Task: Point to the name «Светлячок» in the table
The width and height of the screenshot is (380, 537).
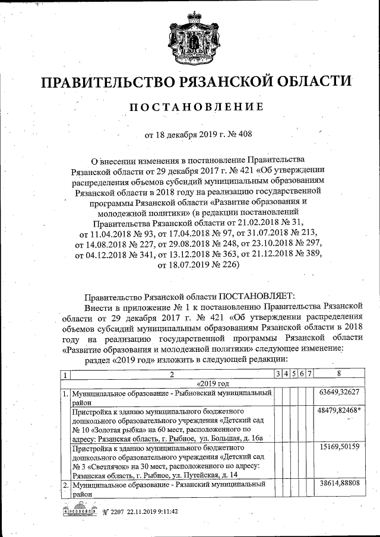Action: (108, 465)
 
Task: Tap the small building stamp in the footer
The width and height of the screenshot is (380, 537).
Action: (78, 510)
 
